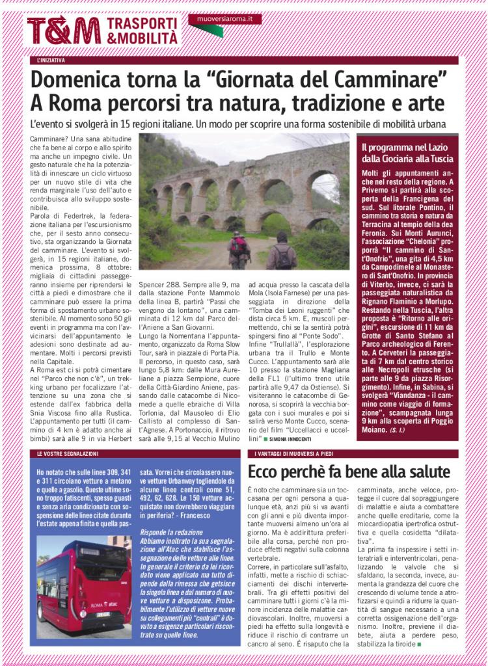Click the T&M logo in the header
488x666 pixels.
(x=62, y=30)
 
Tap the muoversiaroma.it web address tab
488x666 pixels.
(x=225, y=20)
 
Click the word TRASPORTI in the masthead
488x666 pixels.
(x=141, y=23)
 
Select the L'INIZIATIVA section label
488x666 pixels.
(x=51, y=60)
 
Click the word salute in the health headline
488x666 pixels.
(x=423, y=471)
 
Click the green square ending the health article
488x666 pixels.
(x=420, y=644)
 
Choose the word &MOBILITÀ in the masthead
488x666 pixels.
(x=142, y=38)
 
